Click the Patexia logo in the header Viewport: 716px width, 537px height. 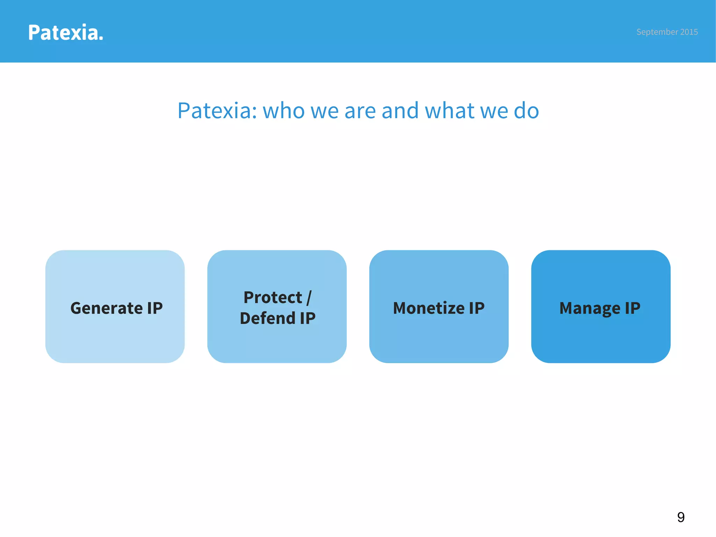(65, 33)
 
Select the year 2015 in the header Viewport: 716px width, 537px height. (689, 32)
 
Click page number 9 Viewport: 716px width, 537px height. (681, 517)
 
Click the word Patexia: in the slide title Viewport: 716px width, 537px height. (217, 110)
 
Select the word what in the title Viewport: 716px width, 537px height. (449, 110)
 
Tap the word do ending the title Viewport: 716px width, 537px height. (526, 110)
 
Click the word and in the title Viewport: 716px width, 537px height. (400, 110)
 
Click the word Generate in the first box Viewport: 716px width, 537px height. (106, 308)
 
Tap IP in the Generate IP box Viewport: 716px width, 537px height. (155, 308)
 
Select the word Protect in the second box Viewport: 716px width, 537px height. (273, 298)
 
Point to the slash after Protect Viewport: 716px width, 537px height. (309, 298)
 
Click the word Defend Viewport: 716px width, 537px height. (267, 318)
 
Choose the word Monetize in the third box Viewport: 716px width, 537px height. (429, 308)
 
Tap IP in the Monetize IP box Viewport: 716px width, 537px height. (477, 308)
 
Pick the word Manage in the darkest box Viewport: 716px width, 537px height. (590, 308)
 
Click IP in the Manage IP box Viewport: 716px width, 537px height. (632, 308)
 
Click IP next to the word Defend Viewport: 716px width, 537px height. (308, 318)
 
